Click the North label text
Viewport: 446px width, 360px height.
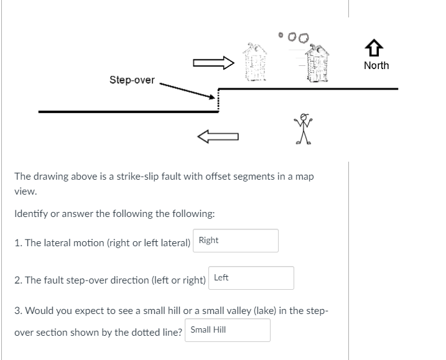[376, 65]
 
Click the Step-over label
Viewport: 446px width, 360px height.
[132, 80]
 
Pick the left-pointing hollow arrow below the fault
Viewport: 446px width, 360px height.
[218, 136]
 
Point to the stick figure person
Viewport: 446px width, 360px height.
[304, 129]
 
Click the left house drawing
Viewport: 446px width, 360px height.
[254, 63]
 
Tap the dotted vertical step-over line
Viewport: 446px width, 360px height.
[218, 103]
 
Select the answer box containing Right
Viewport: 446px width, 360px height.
[236, 241]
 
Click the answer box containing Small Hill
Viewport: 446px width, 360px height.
[227, 330]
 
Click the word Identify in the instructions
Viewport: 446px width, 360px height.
[31, 214]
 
